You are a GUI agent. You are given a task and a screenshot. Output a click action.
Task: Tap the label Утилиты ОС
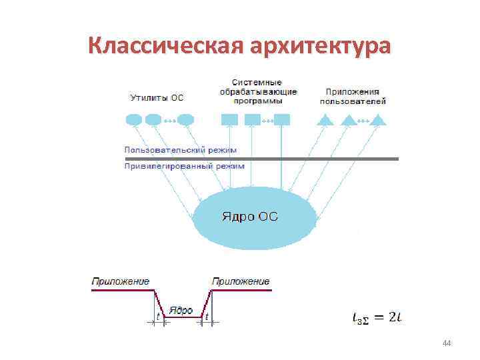156,97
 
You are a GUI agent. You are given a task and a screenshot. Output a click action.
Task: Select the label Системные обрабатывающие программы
259,91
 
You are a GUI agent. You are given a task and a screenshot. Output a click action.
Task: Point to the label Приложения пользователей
353,96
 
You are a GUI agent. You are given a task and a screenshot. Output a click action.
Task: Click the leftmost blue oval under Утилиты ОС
133,120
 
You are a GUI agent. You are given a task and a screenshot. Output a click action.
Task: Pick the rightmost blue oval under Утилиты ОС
186,120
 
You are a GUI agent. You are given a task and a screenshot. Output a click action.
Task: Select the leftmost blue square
229,120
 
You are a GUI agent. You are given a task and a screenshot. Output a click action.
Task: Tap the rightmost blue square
282,120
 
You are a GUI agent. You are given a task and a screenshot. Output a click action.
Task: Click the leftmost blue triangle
325,120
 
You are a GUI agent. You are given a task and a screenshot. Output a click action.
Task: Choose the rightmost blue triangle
378,120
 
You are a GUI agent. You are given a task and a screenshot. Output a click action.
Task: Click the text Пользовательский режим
180,151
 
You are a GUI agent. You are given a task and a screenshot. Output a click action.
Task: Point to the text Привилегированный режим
184,166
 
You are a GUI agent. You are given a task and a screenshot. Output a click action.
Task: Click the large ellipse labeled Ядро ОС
255,217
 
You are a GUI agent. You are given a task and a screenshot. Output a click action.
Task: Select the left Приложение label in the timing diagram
121,281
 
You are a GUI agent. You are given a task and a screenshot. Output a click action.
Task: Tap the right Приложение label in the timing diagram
241,281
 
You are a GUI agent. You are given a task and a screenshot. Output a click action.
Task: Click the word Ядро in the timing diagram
181,310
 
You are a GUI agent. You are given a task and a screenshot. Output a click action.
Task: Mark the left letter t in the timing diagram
158,316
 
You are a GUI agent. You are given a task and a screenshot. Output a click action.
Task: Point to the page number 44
447,343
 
